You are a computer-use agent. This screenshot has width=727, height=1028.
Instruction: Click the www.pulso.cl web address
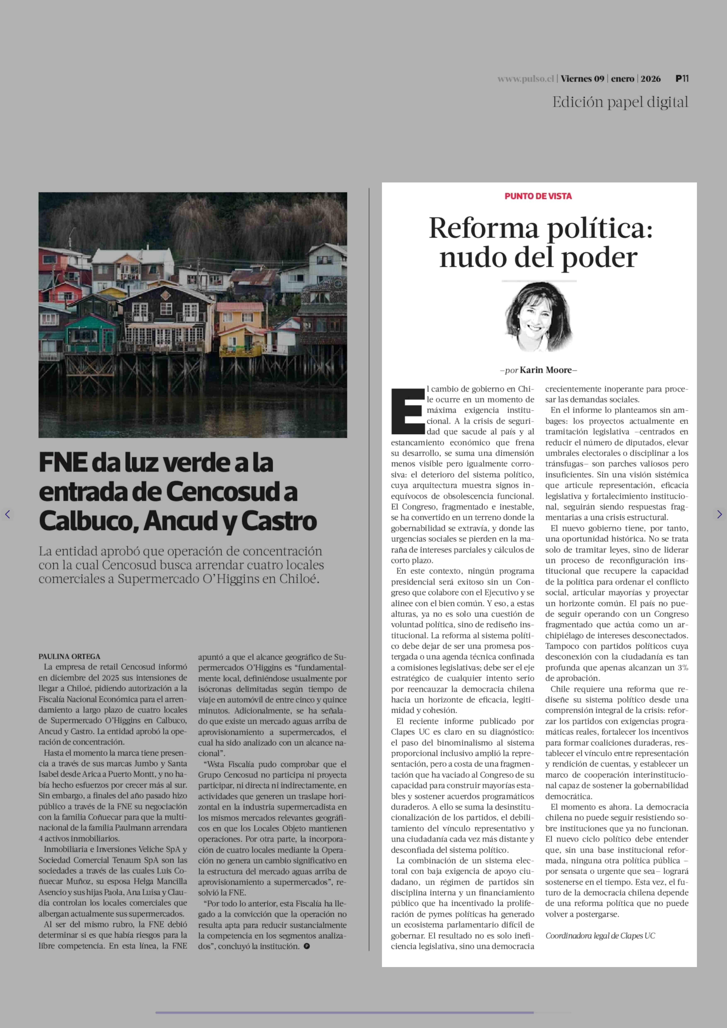[526, 79]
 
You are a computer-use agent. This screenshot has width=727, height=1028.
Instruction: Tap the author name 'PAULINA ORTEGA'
[69, 657]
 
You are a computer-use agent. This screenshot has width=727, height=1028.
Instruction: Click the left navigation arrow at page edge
[7, 514]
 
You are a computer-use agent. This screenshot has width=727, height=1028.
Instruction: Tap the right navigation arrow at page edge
[719, 514]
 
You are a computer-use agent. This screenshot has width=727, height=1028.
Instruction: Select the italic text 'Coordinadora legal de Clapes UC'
[600, 936]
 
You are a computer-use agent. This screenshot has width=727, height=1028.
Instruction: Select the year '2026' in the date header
[651, 79]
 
